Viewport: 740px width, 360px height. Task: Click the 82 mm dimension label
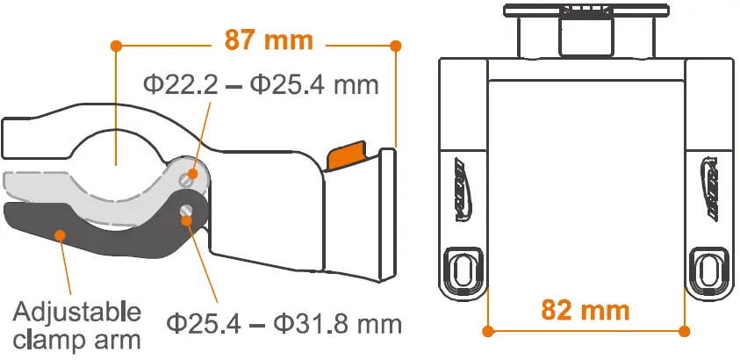pos(586,310)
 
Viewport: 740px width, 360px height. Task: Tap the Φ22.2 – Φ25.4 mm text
pos(261,86)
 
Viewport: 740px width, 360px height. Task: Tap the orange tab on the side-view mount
pos(349,155)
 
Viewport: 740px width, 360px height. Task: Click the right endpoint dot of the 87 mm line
pos(395,44)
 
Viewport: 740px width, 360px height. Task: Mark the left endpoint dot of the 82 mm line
pos(489,331)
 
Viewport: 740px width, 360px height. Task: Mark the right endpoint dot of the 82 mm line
pos(686,331)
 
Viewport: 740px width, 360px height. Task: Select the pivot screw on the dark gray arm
pos(187,211)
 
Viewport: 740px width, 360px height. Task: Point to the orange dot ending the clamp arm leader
pos(60,234)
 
